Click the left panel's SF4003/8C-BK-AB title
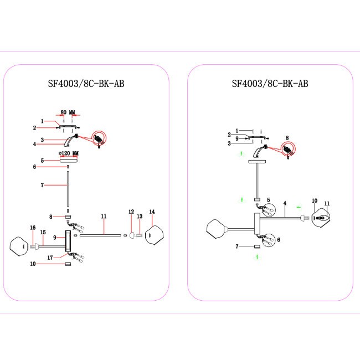click(86, 84)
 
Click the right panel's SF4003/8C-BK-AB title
click(270, 84)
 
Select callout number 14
click(152, 212)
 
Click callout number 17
click(50, 257)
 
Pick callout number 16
click(33, 228)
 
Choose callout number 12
click(131, 212)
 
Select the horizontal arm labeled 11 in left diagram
click(101, 235)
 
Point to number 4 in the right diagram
click(284, 203)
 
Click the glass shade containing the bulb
click(321, 217)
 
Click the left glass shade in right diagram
click(217, 228)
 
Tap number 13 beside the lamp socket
click(140, 217)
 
